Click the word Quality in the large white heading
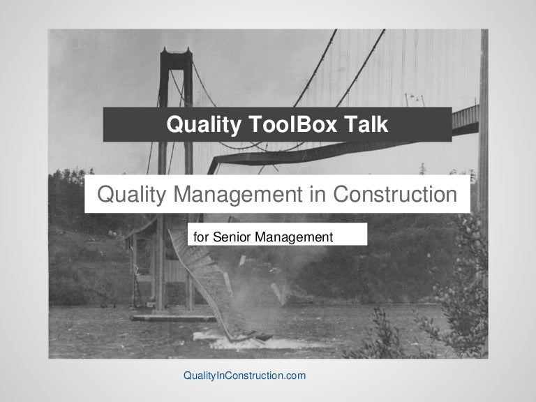(131, 194)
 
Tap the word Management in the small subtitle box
(294, 237)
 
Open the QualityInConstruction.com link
(244, 375)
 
